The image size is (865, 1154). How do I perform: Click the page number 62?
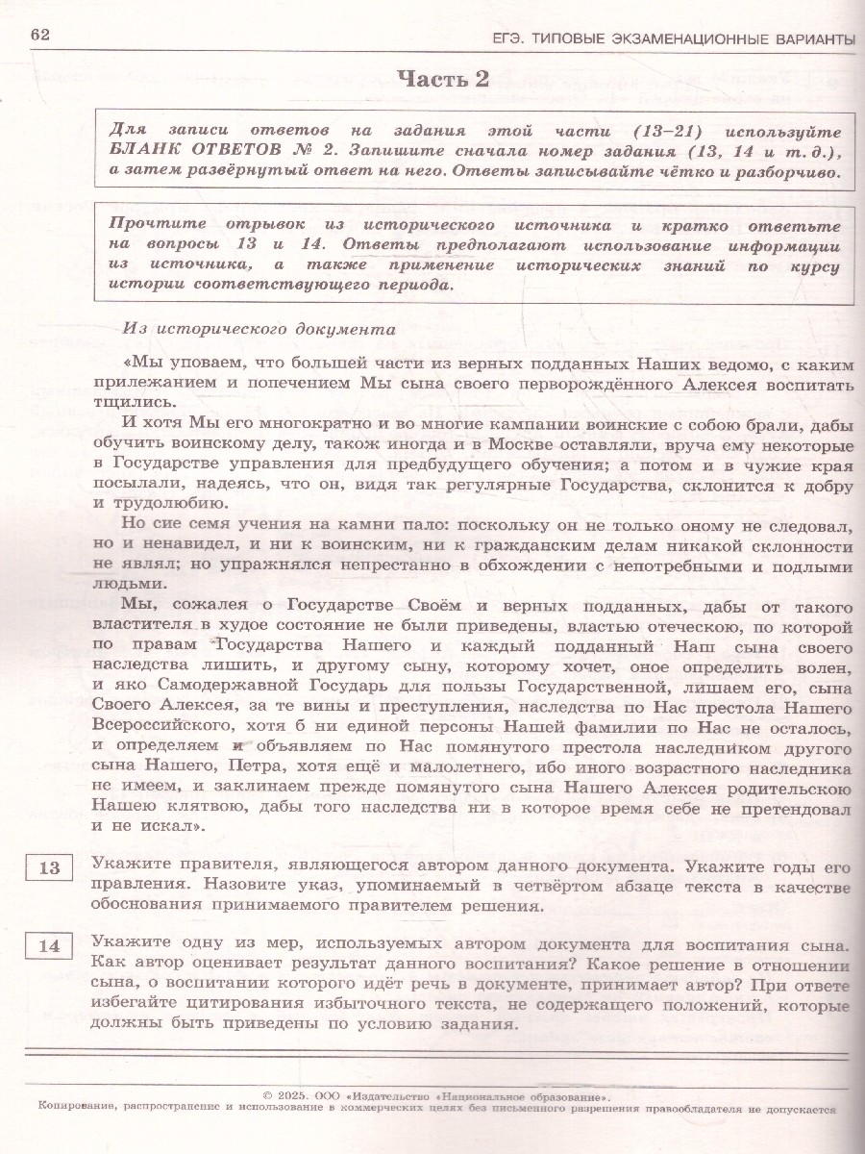point(39,36)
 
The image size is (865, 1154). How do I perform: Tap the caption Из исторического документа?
point(259,327)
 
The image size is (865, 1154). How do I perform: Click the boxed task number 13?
point(50,868)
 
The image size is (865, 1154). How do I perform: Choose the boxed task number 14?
point(50,946)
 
